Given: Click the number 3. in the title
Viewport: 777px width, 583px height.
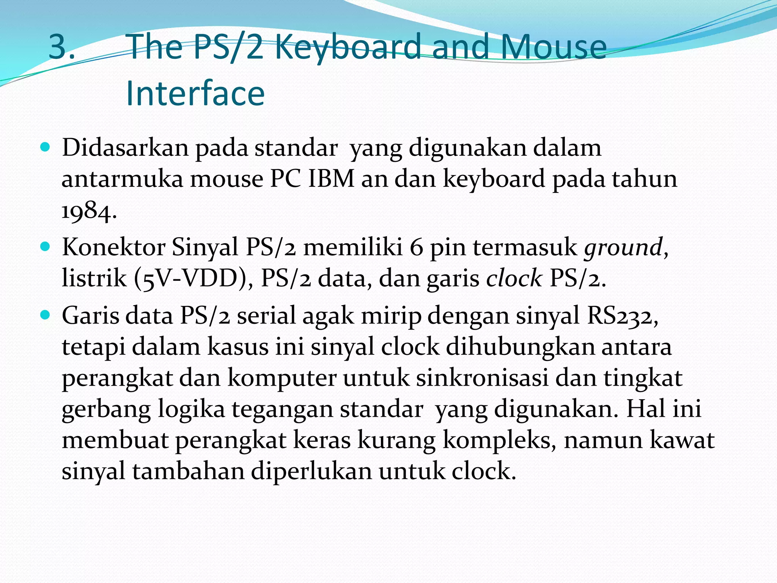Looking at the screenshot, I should click(x=62, y=47).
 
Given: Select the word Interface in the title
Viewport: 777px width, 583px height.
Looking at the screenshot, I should click(x=195, y=94).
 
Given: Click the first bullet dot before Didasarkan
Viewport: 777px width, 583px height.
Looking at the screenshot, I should click(x=45, y=147).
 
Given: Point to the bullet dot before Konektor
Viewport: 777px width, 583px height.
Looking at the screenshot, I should click(x=45, y=247).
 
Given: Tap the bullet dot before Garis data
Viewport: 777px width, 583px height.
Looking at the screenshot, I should click(x=45, y=315).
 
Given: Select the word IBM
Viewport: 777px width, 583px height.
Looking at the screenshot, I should click(x=331, y=179).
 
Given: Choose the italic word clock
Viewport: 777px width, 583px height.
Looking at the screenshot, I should click(x=514, y=279).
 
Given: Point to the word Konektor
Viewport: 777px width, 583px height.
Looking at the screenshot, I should click(x=113, y=247).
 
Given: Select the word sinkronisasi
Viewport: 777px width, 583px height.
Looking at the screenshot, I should click(x=482, y=378).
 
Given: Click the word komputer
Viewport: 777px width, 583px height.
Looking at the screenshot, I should click(x=282, y=378).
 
